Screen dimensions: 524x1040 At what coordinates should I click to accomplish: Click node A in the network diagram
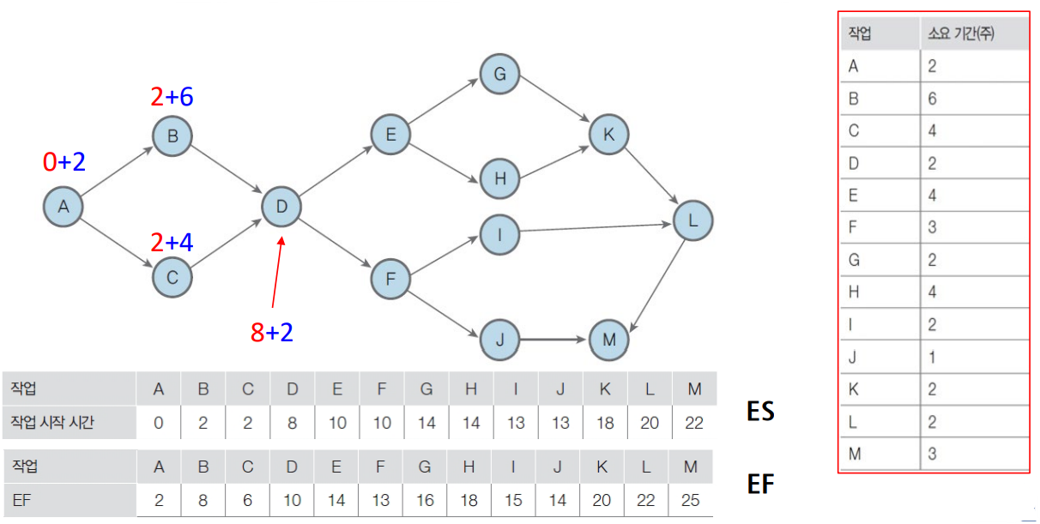point(63,207)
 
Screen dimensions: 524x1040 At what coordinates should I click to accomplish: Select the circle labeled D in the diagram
point(281,207)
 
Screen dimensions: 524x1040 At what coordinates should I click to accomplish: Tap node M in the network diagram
point(609,340)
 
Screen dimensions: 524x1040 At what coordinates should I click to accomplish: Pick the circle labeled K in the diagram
point(609,134)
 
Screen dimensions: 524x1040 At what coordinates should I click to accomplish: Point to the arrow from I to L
point(596,228)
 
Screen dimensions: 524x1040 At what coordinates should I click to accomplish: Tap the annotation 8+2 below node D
point(271,332)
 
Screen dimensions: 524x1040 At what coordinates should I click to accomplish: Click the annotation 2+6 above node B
point(172,97)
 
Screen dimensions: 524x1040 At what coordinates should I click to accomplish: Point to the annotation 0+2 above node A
point(64,161)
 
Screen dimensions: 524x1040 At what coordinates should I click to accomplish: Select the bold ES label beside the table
point(760,411)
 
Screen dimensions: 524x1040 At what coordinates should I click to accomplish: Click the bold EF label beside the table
point(760,485)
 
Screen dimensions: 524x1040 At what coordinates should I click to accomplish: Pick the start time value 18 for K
point(605,423)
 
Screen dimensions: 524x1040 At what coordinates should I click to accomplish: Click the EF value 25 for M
point(690,500)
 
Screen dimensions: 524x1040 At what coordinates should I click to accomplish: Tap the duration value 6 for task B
point(932,99)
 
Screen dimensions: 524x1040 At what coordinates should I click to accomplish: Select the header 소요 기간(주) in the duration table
point(961,34)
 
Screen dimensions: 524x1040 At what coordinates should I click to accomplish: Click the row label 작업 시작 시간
point(53,423)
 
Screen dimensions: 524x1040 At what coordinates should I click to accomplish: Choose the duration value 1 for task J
point(932,357)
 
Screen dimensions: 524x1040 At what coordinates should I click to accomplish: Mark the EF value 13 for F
point(382,500)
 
